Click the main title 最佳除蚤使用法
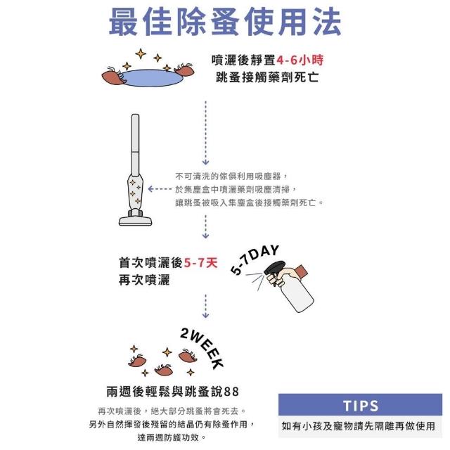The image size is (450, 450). point(225,22)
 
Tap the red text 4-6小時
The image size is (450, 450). point(300,60)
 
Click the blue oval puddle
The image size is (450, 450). point(151,78)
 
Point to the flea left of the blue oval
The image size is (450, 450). point(114,77)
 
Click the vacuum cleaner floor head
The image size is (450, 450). point(135,220)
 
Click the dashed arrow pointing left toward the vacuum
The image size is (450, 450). point(160,189)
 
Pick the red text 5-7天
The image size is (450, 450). point(200,262)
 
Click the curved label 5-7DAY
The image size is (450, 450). point(255,259)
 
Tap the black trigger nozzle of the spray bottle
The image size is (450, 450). point(274,271)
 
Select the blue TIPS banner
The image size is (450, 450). point(360,405)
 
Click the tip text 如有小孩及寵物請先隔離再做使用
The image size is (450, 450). point(359,426)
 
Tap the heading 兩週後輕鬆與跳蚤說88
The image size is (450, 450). point(172,392)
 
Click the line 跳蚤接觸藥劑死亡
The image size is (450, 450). point(267,77)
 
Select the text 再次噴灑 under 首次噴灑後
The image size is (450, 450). point(144,280)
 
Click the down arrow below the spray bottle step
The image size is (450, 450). point(205,306)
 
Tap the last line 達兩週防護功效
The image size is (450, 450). point(172,437)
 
